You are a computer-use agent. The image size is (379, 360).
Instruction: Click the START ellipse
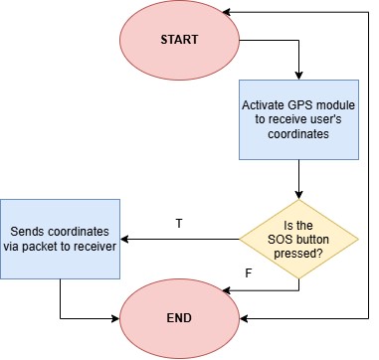179,40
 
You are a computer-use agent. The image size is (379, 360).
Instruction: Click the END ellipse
179,318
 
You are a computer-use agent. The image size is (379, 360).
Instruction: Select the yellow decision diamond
298,239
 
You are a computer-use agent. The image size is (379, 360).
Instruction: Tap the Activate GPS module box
298,119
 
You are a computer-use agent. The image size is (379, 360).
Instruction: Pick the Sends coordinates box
60,239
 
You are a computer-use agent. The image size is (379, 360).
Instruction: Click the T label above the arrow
179,224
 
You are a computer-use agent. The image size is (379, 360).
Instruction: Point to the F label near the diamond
248,273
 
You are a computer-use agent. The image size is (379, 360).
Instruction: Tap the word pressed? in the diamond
298,254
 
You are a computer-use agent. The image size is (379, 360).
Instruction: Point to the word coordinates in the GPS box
298,134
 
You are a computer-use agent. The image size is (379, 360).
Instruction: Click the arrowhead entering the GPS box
298,76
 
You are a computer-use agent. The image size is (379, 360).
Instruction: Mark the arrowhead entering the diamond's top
298,195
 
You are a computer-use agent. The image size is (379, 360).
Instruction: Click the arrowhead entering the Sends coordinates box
124,239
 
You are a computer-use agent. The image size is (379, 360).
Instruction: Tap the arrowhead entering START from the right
227,12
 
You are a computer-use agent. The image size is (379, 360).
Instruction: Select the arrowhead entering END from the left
115,319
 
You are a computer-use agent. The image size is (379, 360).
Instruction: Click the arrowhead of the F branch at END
227,290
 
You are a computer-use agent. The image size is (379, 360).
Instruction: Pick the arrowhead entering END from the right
244,319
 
